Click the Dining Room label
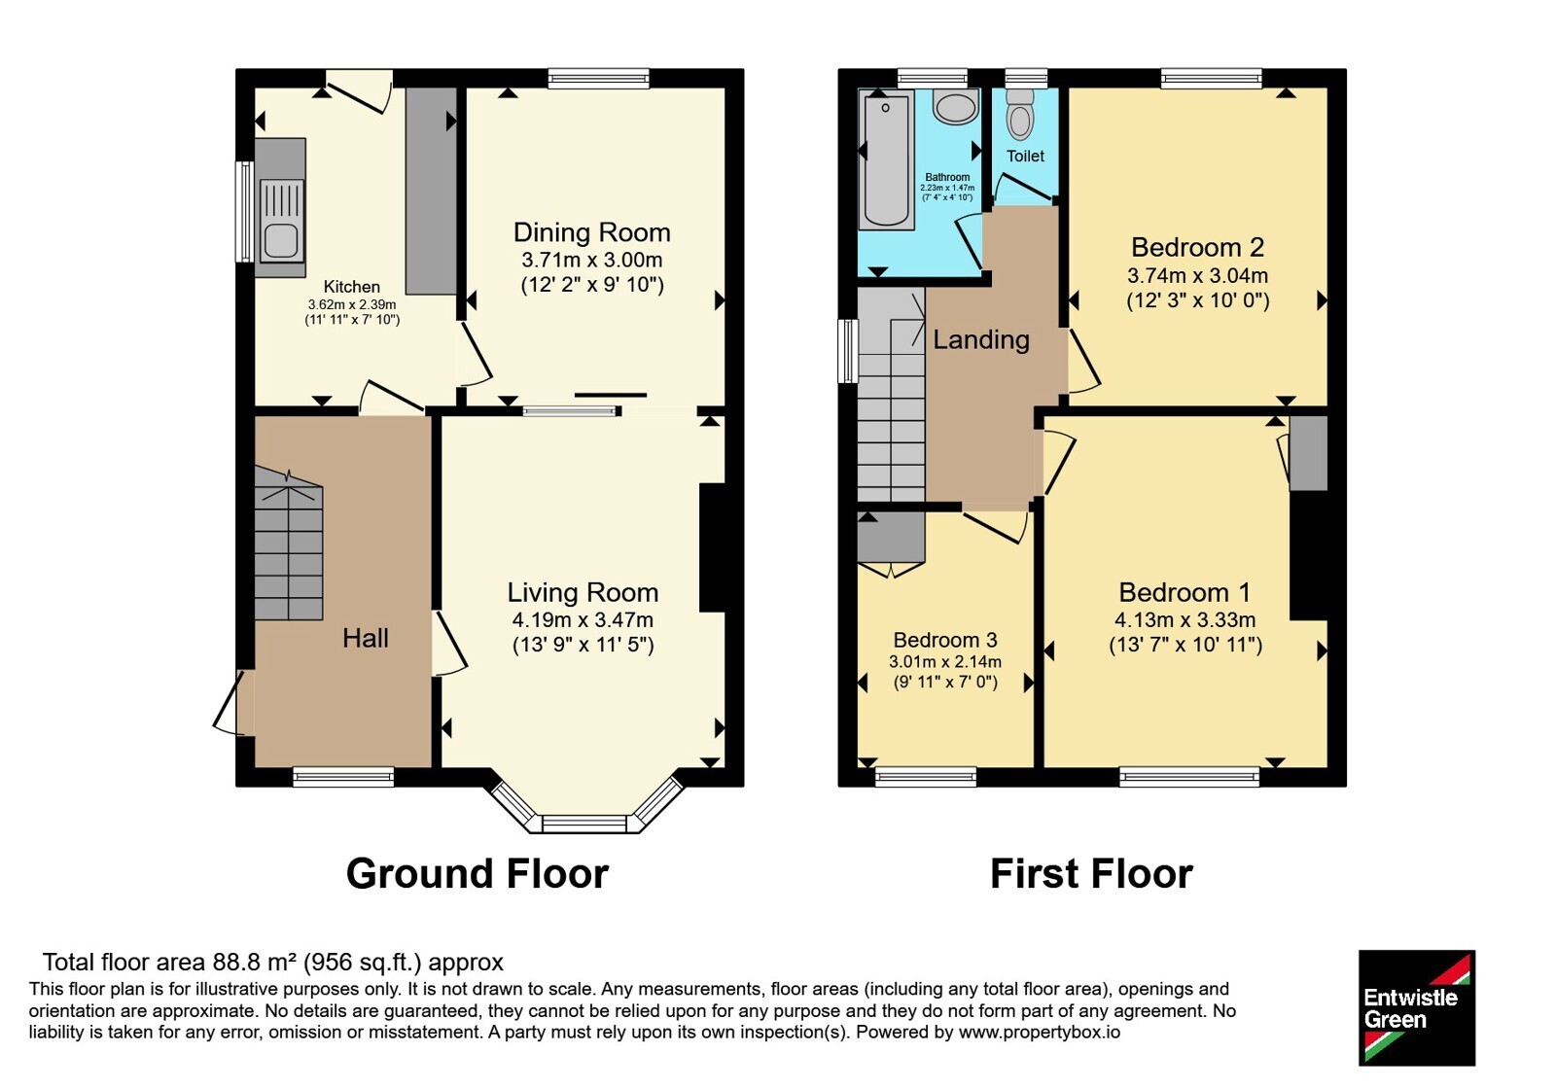(x=592, y=232)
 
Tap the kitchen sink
(x=281, y=220)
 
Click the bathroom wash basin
(x=956, y=108)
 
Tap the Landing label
(x=981, y=339)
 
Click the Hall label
(x=366, y=638)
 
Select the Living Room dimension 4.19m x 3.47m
(x=583, y=619)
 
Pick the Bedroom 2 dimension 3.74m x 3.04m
(x=1197, y=276)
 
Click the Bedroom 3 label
(x=944, y=640)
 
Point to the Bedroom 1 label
(x=1185, y=592)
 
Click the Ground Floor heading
(x=477, y=874)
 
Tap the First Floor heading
(x=1091, y=874)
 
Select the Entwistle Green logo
(x=1417, y=1007)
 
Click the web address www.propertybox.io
(x=1040, y=1032)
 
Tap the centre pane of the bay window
(x=584, y=825)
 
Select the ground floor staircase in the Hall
(x=288, y=544)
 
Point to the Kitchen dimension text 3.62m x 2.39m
(x=352, y=304)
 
